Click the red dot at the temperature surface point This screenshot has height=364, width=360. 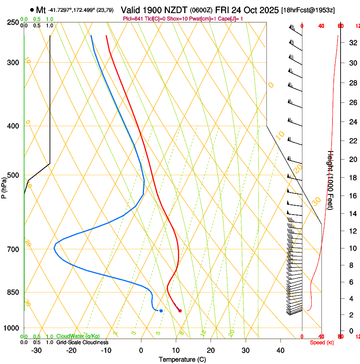click(180, 311)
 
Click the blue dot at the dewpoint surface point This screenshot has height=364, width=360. click(161, 311)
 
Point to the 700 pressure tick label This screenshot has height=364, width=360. click(13, 249)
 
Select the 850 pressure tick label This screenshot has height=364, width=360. click(13, 292)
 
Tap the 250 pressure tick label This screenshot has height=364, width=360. click(13, 22)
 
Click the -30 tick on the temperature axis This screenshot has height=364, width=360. click(36, 350)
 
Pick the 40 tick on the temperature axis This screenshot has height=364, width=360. click(280, 350)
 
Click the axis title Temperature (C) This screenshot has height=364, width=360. click(182, 359)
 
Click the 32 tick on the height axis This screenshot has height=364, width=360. click(352, 43)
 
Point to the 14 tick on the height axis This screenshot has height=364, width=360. click(352, 214)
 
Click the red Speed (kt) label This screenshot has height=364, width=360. click(322, 342)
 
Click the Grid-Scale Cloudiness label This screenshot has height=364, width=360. click(82, 342)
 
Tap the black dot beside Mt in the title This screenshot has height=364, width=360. click(32, 10)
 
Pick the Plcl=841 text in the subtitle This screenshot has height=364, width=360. click(133, 19)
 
